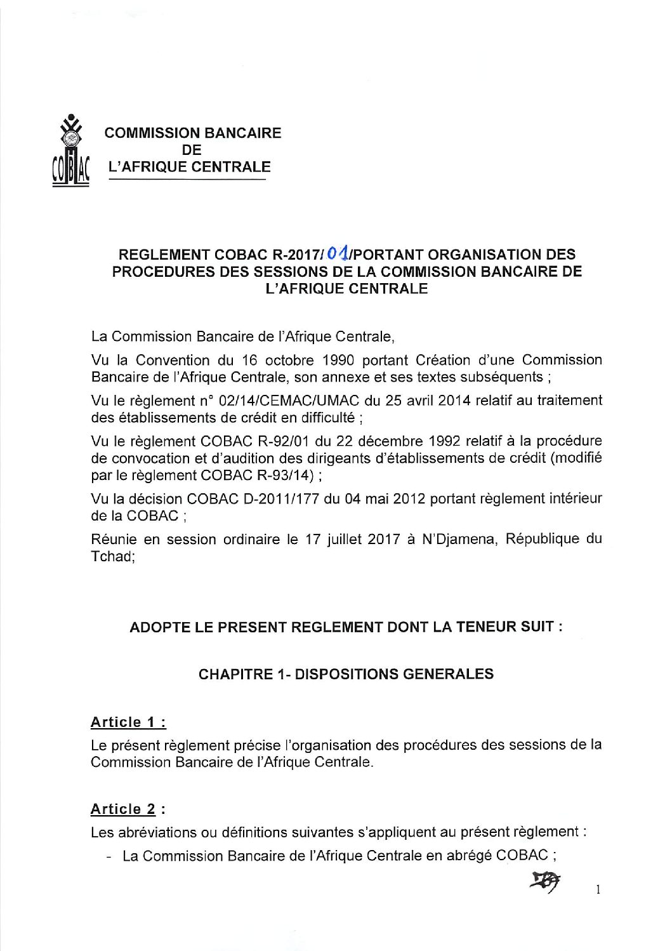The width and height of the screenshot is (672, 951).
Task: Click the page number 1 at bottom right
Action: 598,890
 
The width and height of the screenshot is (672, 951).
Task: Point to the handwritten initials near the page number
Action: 547,881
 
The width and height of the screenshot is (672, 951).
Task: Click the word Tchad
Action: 111,556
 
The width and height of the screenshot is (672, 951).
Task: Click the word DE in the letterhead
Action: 192,150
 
